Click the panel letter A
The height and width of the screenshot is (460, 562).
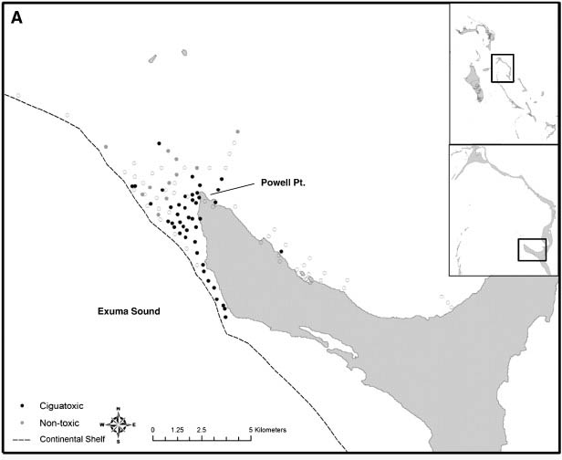pos(16,18)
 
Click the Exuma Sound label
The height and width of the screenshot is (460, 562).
pos(129,311)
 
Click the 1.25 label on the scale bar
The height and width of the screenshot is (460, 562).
pos(178,429)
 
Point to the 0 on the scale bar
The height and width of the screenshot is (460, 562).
pos(153,429)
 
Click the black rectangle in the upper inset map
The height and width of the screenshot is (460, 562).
pos(503,68)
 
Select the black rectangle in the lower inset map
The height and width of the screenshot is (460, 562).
pos(532,249)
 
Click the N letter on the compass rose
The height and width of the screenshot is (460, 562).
pos(119,410)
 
